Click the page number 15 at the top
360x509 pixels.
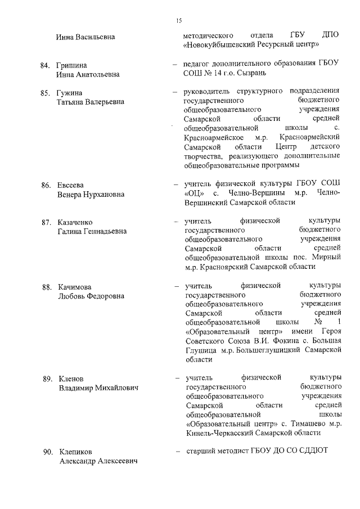click(179, 21)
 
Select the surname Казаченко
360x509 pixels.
click(79, 222)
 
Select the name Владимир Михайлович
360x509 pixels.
click(98, 388)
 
